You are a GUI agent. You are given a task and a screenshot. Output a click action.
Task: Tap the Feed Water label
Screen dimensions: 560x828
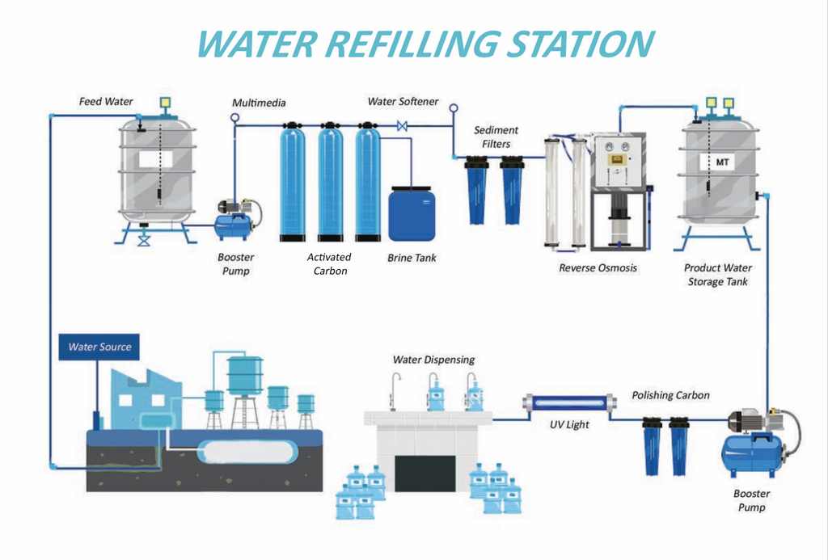pyautogui.click(x=106, y=102)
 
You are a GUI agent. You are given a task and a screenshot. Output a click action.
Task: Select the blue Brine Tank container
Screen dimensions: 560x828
pyautogui.click(x=412, y=214)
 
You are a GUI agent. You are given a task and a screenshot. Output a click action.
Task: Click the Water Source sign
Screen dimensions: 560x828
pyautogui.click(x=99, y=347)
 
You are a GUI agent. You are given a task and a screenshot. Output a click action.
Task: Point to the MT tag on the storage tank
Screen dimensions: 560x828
pyautogui.click(x=722, y=162)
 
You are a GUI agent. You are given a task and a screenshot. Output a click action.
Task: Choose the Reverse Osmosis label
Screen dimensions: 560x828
pyautogui.click(x=598, y=268)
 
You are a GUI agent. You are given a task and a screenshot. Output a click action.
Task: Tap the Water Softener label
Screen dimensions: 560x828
pyautogui.click(x=403, y=102)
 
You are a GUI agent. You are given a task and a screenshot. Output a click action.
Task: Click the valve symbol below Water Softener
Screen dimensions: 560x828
pyautogui.click(x=402, y=126)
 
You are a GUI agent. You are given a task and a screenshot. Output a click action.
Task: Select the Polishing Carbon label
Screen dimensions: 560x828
pyautogui.click(x=670, y=395)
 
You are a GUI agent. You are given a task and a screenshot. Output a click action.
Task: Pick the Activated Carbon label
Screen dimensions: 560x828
pyautogui.click(x=329, y=264)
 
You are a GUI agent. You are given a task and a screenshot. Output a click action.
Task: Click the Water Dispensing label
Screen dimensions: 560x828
pyautogui.click(x=433, y=360)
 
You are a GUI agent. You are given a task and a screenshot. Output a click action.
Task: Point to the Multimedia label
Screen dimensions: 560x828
pyautogui.click(x=259, y=103)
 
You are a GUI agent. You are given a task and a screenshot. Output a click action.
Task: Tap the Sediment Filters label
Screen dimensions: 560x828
pyautogui.click(x=496, y=137)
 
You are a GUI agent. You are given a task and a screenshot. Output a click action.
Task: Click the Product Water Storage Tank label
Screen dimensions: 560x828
pyautogui.click(x=717, y=275)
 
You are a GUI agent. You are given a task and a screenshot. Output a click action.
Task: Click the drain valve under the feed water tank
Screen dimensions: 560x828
pyautogui.click(x=144, y=240)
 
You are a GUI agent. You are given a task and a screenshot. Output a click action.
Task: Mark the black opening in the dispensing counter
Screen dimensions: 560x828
pyautogui.click(x=425, y=472)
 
